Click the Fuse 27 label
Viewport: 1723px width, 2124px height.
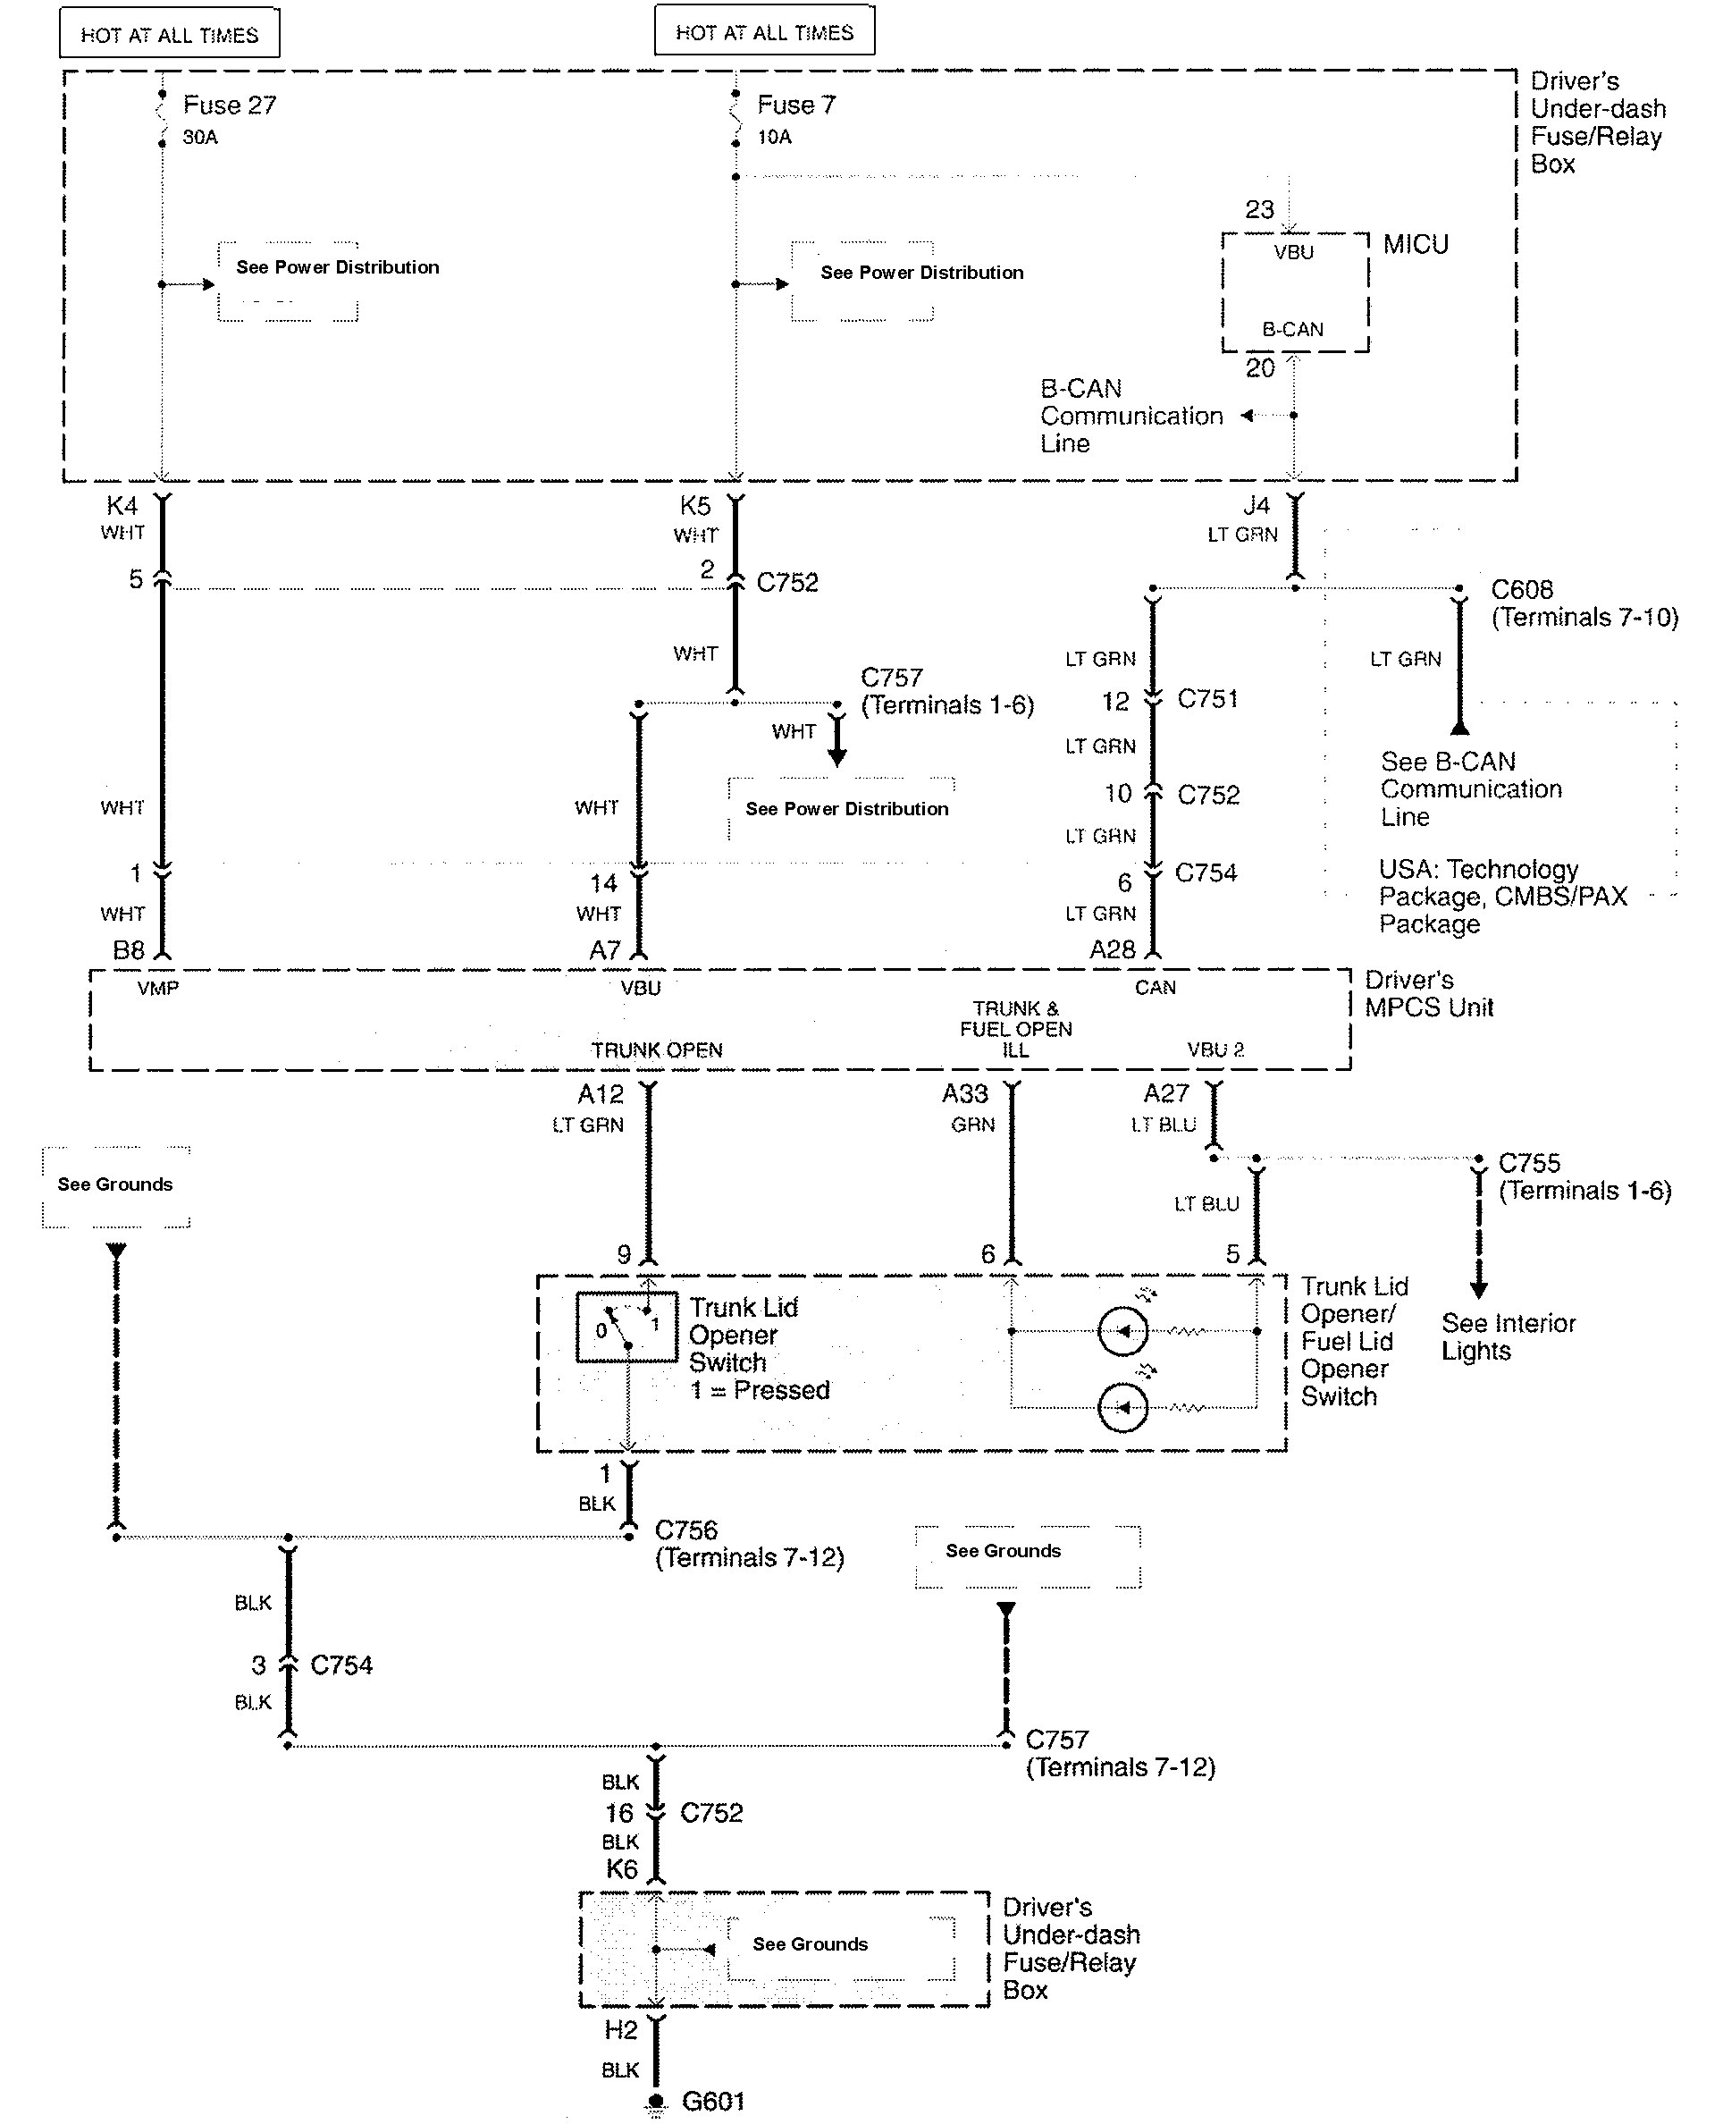[230, 105]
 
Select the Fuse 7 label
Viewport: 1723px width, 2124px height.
[796, 105]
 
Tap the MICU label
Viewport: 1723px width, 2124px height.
[1416, 244]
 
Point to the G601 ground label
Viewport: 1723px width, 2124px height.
[712, 2100]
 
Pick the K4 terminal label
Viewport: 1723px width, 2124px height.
[122, 505]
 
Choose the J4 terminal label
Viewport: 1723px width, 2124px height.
[1257, 505]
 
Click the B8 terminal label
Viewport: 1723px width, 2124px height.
[129, 950]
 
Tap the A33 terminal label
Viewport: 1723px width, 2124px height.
[965, 1094]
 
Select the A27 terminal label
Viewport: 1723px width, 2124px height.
[1166, 1094]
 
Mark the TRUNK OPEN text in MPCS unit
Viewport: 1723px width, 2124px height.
[657, 1050]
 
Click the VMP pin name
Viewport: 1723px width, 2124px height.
[158, 988]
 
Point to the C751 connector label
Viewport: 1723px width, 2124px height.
[1208, 699]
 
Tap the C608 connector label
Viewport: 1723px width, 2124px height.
[1522, 590]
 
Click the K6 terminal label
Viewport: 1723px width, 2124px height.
[621, 1870]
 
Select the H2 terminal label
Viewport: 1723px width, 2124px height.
[620, 2031]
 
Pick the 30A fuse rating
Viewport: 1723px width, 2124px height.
[199, 137]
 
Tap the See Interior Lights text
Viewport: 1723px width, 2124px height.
[1508, 1337]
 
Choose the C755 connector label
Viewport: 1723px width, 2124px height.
[1528, 1162]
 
